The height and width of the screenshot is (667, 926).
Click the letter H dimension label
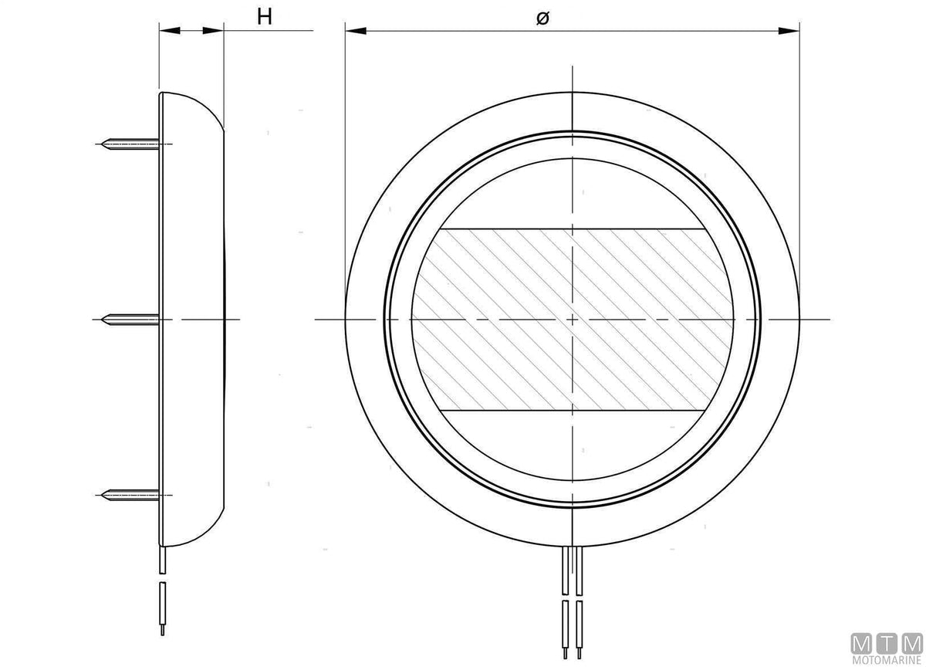pyautogui.click(x=265, y=17)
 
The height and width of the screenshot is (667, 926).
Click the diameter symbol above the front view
pyautogui.click(x=542, y=18)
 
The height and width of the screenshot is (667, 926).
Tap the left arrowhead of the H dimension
pyautogui.click(x=171, y=30)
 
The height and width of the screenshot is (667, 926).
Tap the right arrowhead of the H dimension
pyautogui.click(x=213, y=30)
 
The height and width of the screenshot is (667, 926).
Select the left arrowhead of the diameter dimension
pyautogui.click(x=356, y=31)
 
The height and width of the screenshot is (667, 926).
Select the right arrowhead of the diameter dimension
pyautogui.click(x=789, y=31)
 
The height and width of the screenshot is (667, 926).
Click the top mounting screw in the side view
pyautogui.click(x=130, y=144)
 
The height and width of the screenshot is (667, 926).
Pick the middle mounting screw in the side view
pyautogui.click(x=130, y=320)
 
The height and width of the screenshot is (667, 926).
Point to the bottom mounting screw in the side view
pyautogui.click(x=130, y=495)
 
